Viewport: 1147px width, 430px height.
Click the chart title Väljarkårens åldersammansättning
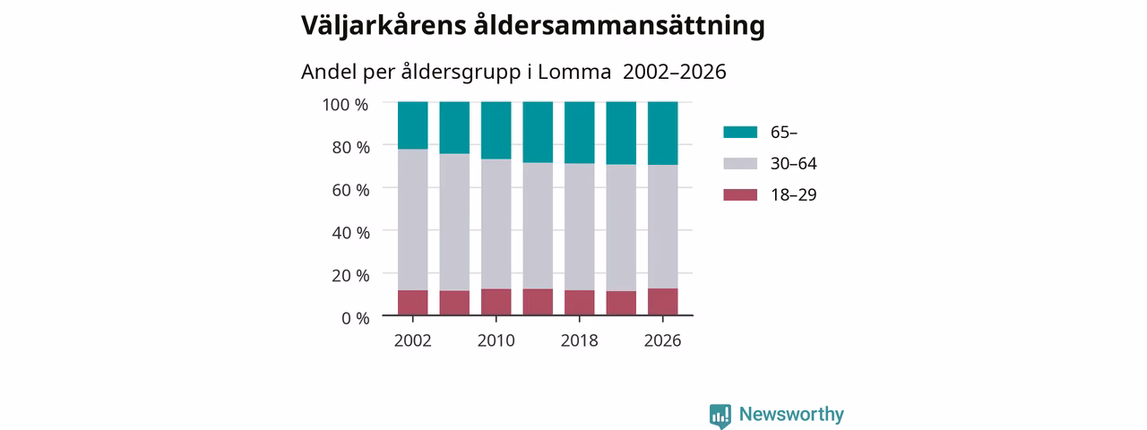click(x=532, y=26)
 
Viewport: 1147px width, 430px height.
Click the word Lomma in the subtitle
click(x=574, y=73)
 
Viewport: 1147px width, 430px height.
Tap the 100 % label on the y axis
click(x=345, y=105)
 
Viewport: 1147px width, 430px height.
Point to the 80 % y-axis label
click(x=350, y=148)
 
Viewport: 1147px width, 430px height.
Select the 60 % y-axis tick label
click(x=350, y=191)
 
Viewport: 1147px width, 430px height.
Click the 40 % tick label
click(x=350, y=233)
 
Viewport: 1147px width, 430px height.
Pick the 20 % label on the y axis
click(x=350, y=276)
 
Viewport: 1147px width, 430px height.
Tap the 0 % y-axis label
click(x=356, y=318)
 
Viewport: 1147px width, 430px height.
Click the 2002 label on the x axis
click(x=413, y=341)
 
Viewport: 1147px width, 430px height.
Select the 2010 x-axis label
click(x=496, y=341)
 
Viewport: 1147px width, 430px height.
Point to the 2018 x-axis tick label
click(x=579, y=341)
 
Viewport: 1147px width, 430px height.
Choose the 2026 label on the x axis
click(x=662, y=341)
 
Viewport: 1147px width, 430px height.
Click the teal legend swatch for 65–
click(x=740, y=132)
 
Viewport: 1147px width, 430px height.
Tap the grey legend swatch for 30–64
click(x=740, y=163)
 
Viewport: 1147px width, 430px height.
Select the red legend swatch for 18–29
click(x=740, y=194)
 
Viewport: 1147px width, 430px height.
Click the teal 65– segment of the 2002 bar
click(x=413, y=125)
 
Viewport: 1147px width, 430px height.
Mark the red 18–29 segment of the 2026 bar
click(x=662, y=302)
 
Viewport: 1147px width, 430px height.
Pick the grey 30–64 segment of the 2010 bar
click(x=496, y=224)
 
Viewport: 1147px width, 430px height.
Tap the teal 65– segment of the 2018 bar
click(x=579, y=133)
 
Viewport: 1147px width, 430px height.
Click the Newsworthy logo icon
click(x=720, y=415)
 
